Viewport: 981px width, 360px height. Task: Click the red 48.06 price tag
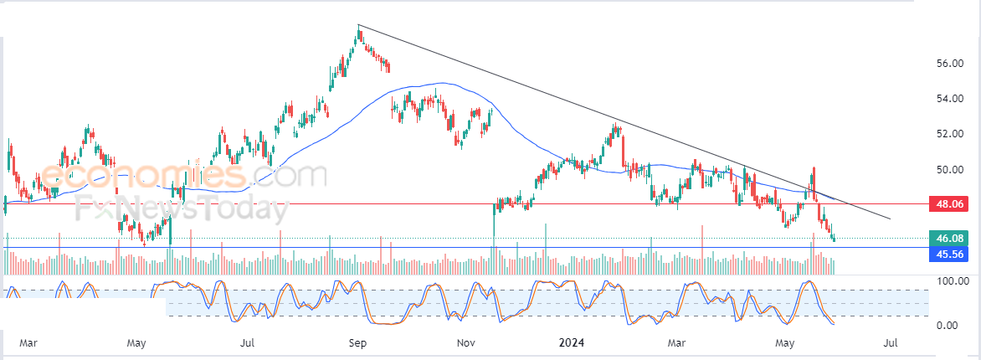953,203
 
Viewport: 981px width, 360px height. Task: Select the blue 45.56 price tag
953,254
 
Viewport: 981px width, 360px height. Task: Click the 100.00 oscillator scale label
952,282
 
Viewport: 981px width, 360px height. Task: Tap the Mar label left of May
29,342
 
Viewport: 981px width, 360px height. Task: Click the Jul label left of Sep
247,342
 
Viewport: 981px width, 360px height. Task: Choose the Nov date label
467,342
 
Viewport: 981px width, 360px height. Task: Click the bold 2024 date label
573,342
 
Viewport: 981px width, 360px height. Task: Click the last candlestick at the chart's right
833,238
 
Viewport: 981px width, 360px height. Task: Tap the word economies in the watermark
143,177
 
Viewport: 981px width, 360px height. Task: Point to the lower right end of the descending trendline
891,219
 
